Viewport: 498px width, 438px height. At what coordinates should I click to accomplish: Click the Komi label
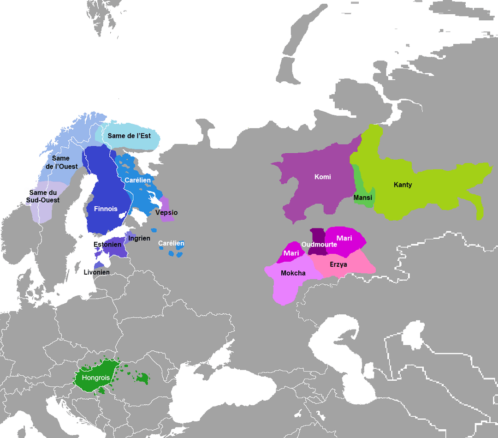[x=322, y=177]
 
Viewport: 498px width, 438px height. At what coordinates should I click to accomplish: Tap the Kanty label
[x=403, y=185]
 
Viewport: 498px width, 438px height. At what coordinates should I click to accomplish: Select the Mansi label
[x=363, y=198]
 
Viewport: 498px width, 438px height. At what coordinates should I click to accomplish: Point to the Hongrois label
[x=96, y=378]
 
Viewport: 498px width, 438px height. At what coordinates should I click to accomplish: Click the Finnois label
[x=106, y=209]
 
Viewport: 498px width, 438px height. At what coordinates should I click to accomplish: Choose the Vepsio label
[x=166, y=213]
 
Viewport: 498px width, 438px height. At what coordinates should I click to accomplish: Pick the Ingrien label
[x=139, y=238]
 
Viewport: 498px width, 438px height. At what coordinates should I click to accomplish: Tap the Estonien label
[x=107, y=244]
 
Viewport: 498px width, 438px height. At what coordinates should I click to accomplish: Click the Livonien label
[x=96, y=272]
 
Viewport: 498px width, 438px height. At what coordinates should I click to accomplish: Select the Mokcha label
[x=293, y=273]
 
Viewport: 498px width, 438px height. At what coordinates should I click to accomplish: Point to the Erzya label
[x=338, y=264]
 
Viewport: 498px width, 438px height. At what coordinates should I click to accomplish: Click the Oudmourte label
[x=319, y=245]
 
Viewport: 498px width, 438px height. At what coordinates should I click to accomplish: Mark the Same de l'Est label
[x=129, y=136]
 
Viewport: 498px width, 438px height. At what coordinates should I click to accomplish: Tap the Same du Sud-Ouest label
[x=44, y=196]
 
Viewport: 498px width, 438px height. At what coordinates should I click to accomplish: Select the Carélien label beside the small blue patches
[x=171, y=243]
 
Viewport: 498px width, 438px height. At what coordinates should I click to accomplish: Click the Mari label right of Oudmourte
[x=344, y=238]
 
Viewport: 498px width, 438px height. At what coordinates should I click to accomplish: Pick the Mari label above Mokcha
[x=291, y=253]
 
